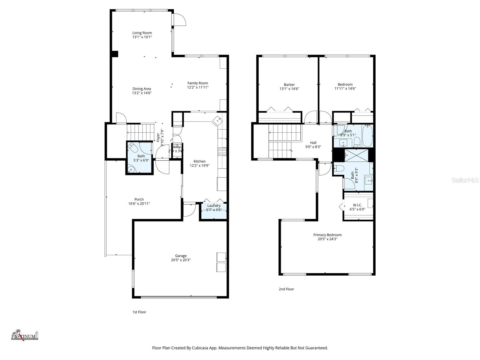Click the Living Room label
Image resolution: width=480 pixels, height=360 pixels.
[x=142, y=33]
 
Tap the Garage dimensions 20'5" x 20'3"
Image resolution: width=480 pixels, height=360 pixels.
[x=181, y=260]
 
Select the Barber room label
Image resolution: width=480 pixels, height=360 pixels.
[x=289, y=85]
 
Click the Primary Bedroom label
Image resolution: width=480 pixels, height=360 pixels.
[x=327, y=235]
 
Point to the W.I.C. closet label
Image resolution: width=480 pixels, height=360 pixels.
[x=357, y=205]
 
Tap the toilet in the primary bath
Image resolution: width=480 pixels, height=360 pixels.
[x=339, y=168]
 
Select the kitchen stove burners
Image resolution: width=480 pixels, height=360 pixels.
[x=222, y=151]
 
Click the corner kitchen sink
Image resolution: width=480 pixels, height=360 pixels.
[x=218, y=120]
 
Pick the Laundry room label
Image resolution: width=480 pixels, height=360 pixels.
[x=214, y=205]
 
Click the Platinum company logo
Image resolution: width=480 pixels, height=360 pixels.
[x=25, y=335]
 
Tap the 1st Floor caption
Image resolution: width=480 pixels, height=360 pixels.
[x=139, y=312]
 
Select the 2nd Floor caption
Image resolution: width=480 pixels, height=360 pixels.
[x=286, y=289]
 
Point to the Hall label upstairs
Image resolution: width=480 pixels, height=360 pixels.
[x=313, y=143]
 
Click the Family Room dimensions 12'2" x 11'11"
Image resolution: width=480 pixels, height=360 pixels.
[x=198, y=87]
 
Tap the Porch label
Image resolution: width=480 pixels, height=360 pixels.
[x=139, y=199]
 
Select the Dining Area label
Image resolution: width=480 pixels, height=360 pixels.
[x=142, y=89]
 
